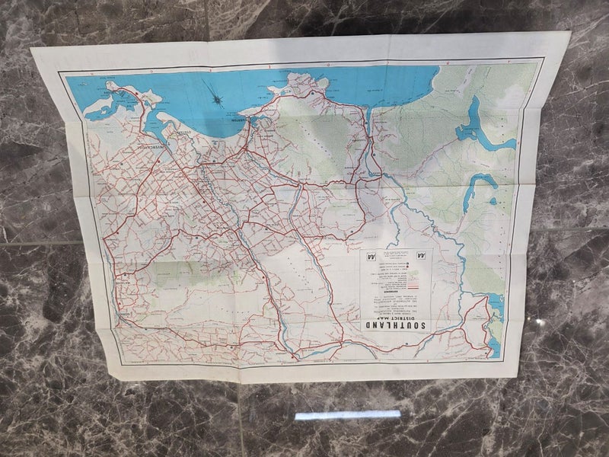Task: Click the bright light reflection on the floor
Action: (x=347, y=415)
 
